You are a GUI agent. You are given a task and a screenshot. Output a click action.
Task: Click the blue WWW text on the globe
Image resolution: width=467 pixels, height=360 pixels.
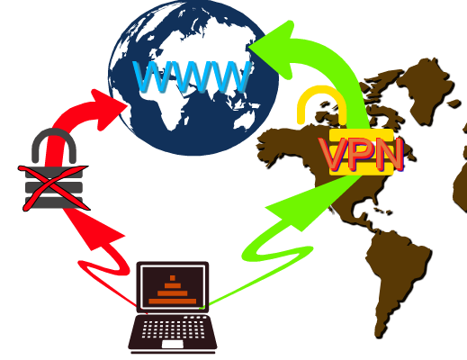point(193,76)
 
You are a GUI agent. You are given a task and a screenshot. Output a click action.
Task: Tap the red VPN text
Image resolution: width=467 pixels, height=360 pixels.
point(362,155)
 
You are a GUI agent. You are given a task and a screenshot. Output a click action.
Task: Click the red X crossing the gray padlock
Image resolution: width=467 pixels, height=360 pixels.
point(53,187)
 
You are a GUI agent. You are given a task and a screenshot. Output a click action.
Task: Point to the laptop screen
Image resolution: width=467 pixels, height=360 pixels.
point(173,287)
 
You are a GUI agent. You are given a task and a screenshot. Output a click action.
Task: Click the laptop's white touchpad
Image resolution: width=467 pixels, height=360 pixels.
point(173,344)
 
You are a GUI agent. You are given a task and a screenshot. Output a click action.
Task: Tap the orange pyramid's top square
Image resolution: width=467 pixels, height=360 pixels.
point(172,278)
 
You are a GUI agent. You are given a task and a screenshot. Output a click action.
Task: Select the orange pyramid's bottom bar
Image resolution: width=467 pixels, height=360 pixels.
point(173,301)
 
